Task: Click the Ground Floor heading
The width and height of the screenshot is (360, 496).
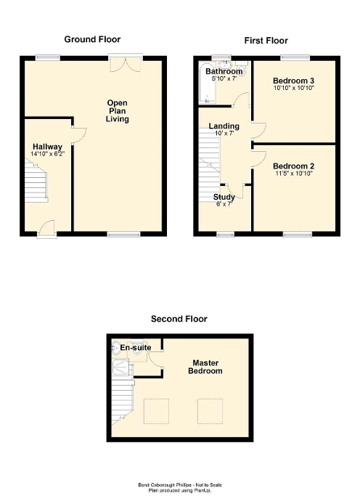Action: (92, 39)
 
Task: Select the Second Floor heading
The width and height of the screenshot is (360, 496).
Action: (179, 318)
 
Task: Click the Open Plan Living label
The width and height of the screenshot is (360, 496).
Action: (117, 110)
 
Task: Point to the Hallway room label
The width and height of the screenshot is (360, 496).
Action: (48, 147)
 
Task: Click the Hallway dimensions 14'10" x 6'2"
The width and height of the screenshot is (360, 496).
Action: (48, 155)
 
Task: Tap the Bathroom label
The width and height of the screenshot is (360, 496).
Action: (223, 72)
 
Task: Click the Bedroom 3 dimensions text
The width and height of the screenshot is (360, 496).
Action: (292, 88)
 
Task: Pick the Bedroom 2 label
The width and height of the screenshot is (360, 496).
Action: (294, 166)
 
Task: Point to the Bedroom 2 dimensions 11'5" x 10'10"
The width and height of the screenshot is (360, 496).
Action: (294, 174)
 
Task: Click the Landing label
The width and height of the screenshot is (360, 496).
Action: (224, 126)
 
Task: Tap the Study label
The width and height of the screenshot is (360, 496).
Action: (224, 197)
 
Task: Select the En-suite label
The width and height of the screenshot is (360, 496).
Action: (136, 348)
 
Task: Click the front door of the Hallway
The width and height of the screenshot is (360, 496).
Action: (46, 227)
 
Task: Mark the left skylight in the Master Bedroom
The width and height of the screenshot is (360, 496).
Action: (155, 411)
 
